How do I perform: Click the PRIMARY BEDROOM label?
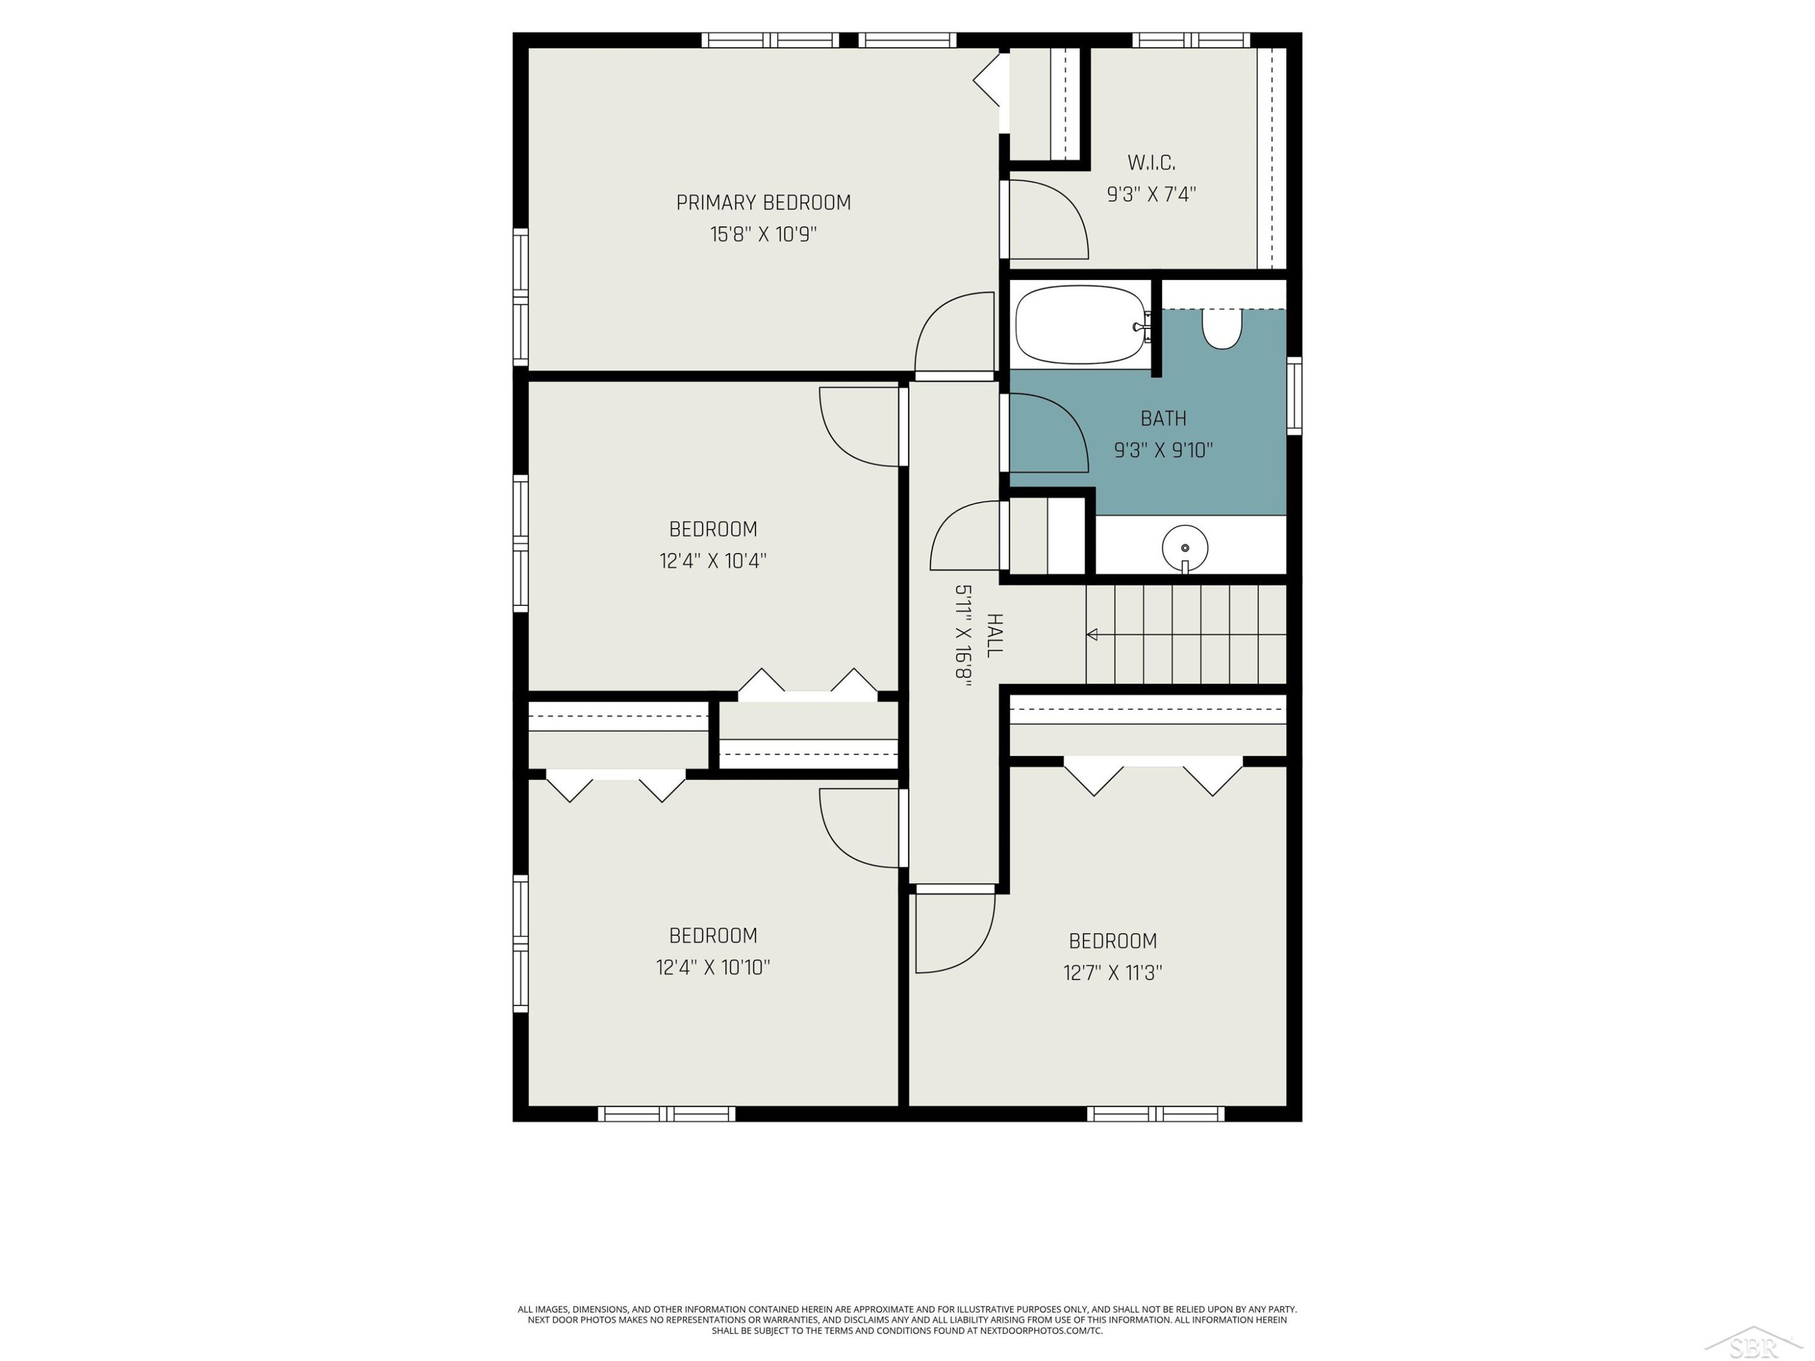coord(763,203)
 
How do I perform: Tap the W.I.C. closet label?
coord(1151,163)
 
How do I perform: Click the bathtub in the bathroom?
coord(1082,324)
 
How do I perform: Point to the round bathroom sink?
coord(1185,547)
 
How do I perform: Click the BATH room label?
coord(1163,419)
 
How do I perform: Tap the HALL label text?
coord(993,635)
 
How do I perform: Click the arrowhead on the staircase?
coord(1092,634)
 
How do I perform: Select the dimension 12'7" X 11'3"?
coord(1113,973)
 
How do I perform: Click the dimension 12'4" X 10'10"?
coord(713,967)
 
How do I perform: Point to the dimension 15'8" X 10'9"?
coord(763,235)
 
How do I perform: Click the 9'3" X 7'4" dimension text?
coord(1151,194)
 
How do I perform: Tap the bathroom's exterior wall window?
coord(1294,396)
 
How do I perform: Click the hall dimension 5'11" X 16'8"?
coord(963,633)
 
